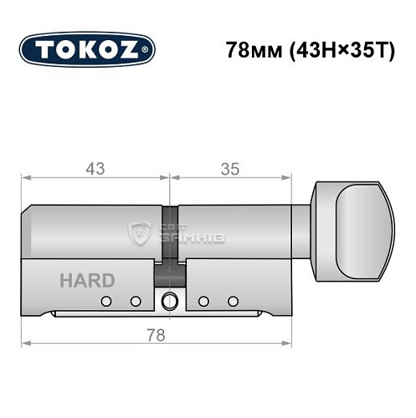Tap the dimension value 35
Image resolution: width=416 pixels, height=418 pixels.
tap(231, 168)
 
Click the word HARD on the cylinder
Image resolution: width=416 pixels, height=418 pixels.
tap(87, 281)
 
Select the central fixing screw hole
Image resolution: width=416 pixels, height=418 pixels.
tap(170, 301)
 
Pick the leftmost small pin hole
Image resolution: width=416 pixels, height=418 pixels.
tap(105, 301)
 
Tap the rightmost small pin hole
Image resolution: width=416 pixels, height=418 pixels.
tap(234, 301)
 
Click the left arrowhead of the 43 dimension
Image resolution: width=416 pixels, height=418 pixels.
tap(25, 178)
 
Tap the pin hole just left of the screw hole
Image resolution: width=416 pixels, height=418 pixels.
tap(134, 301)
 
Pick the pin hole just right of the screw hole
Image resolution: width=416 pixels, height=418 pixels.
tap(203, 301)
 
